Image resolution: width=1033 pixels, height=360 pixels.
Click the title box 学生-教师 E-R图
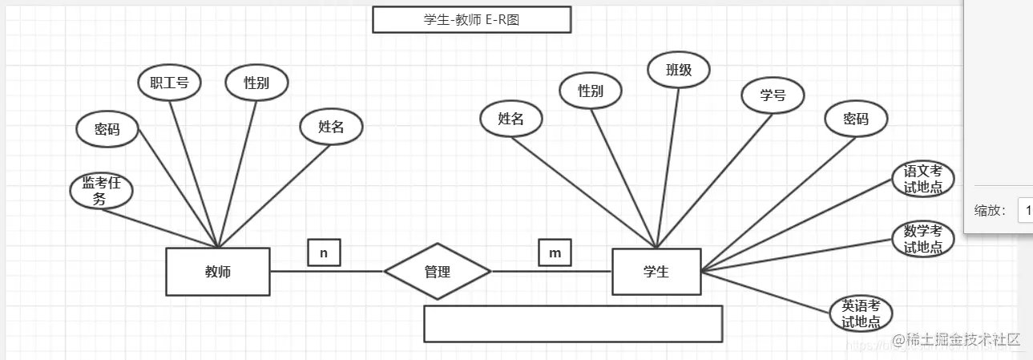471,20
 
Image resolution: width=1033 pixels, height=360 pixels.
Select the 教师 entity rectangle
217,272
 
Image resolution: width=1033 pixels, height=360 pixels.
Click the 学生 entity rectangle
656,272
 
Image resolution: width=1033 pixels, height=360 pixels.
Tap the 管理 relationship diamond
437,272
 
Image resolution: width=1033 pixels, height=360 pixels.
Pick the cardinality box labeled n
324,253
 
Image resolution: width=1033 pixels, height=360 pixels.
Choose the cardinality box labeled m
555,253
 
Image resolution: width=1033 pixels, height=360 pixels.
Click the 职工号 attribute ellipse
168,83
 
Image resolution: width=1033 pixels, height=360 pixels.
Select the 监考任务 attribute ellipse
100,192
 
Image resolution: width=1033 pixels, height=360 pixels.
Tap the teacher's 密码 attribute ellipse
107,129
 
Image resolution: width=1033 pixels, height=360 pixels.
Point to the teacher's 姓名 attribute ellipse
331,126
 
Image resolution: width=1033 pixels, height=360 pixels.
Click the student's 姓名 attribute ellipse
510,119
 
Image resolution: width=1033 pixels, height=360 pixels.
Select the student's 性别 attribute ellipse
591,91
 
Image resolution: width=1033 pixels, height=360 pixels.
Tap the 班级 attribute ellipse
678,70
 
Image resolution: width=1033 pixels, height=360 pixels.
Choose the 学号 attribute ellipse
773,95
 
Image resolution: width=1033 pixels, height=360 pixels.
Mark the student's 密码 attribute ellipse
856,119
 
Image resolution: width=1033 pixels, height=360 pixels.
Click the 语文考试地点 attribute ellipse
923,179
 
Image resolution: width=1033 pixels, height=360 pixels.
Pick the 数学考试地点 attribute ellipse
923,239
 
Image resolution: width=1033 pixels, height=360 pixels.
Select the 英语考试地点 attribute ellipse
861,313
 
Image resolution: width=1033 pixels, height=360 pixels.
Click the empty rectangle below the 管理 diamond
573,323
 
